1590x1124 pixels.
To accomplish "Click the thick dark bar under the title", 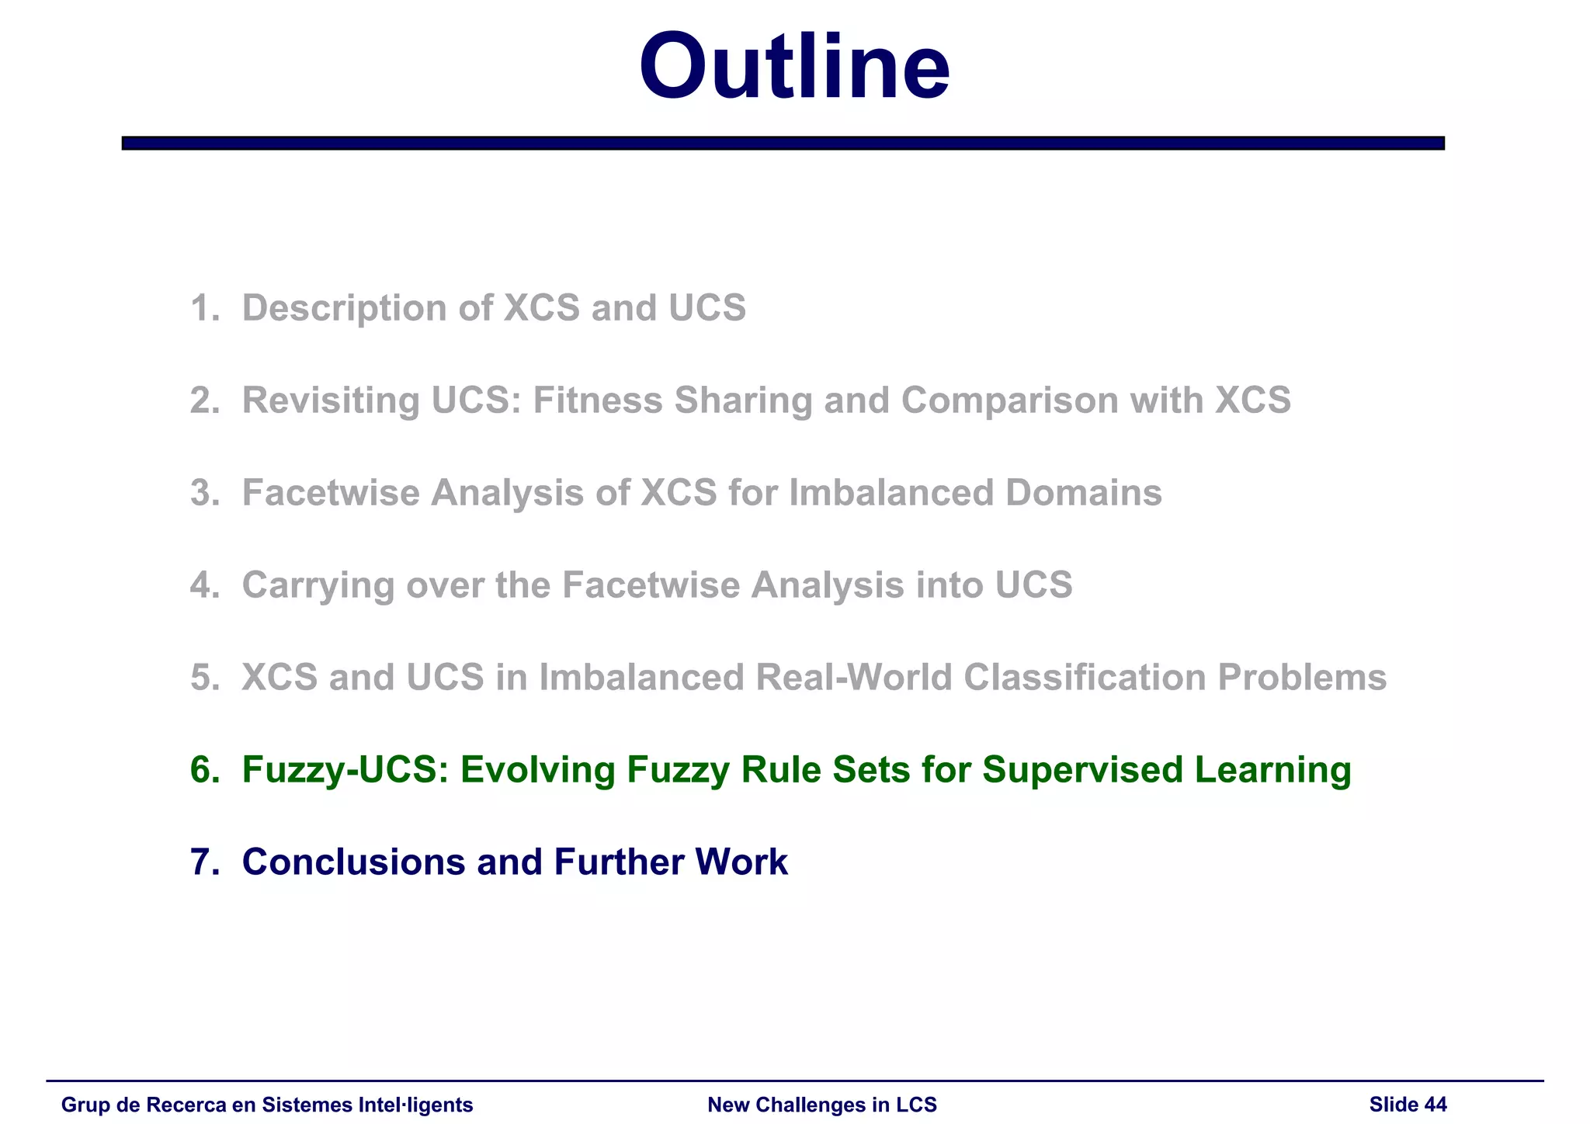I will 783,143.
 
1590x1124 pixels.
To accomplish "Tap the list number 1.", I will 203,308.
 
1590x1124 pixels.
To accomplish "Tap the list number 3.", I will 203,493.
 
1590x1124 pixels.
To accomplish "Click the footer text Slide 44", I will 1408,1105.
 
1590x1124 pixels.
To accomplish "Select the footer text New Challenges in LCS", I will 822,1105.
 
